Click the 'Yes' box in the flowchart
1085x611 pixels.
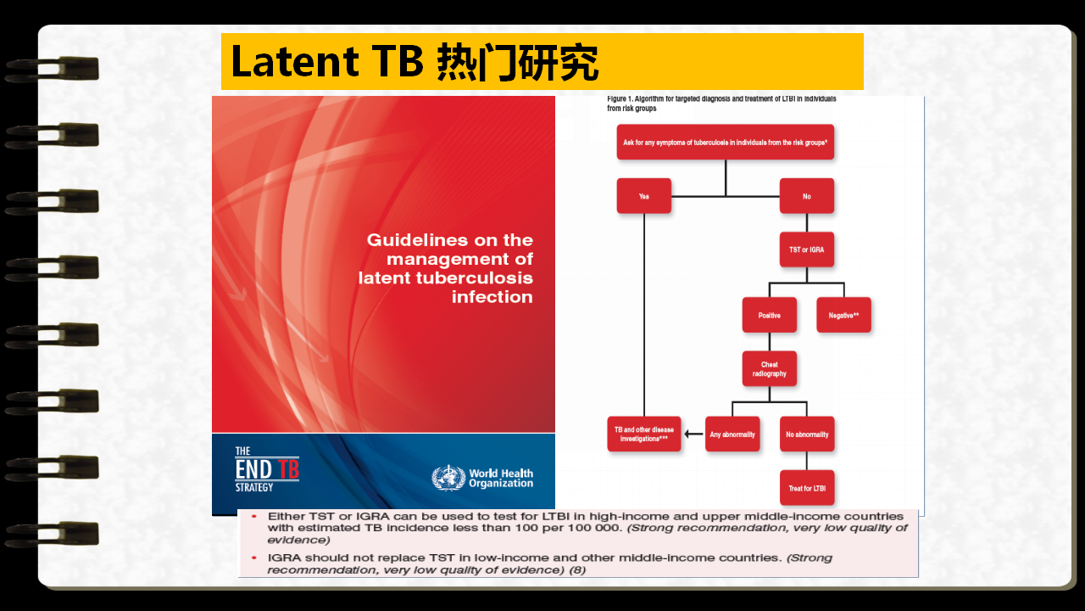point(643,196)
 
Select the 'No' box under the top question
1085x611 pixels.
point(806,196)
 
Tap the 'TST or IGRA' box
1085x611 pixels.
point(806,249)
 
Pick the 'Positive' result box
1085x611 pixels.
point(769,315)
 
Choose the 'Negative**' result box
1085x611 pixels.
point(843,315)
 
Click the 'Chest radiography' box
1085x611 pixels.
point(769,368)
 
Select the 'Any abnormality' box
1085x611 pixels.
point(732,434)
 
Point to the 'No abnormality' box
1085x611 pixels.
point(807,434)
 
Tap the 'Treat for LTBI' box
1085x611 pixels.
point(807,488)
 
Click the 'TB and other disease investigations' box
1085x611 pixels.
point(643,434)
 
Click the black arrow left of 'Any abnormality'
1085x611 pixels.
point(693,434)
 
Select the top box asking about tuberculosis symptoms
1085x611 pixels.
point(725,142)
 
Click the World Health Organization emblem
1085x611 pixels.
point(448,478)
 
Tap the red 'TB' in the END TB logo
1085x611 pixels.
point(288,469)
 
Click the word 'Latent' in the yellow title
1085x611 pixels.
point(295,62)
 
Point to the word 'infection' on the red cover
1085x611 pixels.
point(492,297)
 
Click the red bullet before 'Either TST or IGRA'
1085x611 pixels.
point(254,517)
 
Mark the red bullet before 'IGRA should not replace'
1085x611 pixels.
point(254,558)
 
